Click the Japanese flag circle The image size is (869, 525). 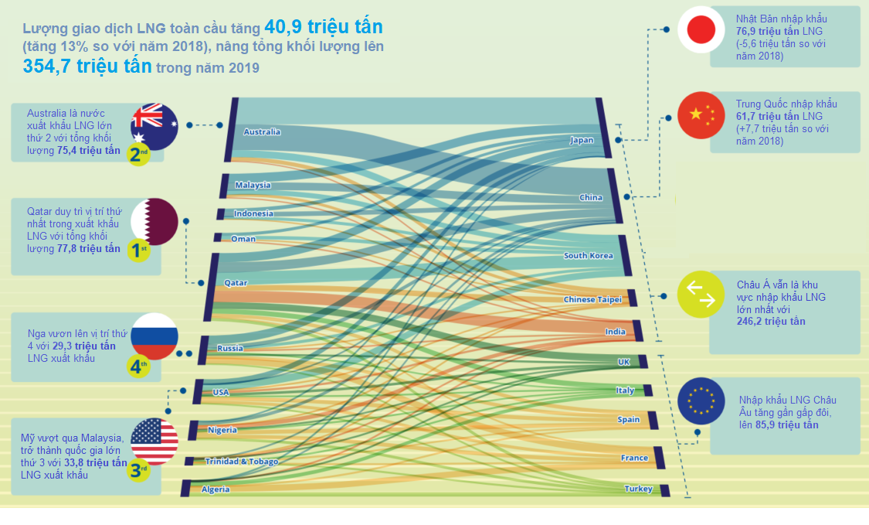(x=701, y=29)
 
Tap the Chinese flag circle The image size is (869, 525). (x=701, y=115)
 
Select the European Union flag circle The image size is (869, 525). (x=701, y=401)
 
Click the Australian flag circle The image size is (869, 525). (x=154, y=125)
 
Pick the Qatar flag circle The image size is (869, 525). (x=154, y=221)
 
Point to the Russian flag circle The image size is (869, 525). (x=154, y=336)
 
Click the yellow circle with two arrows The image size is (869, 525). (x=701, y=295)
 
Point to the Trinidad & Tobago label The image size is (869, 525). (x=241, y=462)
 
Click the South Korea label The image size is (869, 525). (x=589, y=256)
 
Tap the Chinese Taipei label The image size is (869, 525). (x=590, y=299)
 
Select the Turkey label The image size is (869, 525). (x=638, y=489)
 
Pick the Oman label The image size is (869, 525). (x=243, y=239)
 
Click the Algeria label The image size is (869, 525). (x=216, y=489)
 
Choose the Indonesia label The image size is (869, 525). (x=253, y=213)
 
